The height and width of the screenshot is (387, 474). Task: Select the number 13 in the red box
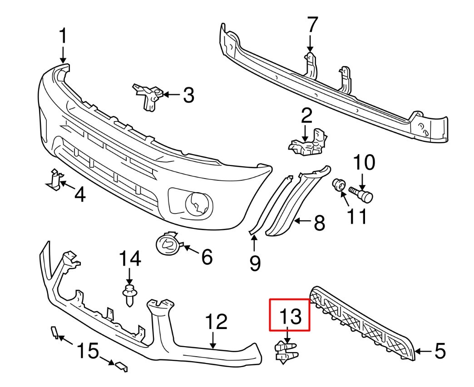(x=290, y=316)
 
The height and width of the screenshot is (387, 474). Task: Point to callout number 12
(x=216, y=323)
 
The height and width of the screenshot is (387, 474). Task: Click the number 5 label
(x=439, y=351)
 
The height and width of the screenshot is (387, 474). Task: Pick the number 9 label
(x=255, y=262)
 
